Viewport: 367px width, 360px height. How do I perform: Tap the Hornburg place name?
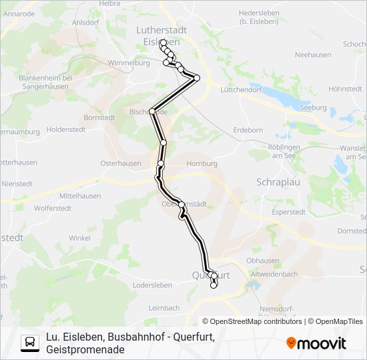[202, 163]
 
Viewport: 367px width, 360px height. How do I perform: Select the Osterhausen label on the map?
[120, 163]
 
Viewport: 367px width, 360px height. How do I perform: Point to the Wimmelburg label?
[129, 63]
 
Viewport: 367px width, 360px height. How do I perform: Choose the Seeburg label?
[314, 107]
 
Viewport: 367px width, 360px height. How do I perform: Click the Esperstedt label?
[288, 211]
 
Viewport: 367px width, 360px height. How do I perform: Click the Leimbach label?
[164, 308]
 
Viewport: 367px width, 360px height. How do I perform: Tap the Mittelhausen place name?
[80, 196]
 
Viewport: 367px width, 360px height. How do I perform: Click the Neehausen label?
[313, 55]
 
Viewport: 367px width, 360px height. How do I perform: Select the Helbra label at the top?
[109, 3]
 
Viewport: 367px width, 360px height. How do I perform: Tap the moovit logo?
[316, 343]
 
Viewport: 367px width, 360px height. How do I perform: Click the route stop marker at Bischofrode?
[153, 111]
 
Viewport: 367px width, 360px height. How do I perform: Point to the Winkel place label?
[79, 237]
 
